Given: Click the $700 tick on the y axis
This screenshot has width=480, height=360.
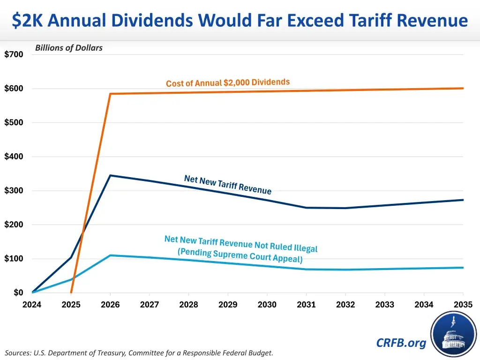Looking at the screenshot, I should (x=14, y=54).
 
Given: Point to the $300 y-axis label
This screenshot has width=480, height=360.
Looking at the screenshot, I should (x=14, y=191).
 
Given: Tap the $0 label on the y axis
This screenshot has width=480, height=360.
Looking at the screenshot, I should (x=18, y=293).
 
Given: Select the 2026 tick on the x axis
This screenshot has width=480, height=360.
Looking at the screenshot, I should (x=110, y=305).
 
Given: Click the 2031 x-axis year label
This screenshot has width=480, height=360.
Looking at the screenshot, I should (x=306, y=305).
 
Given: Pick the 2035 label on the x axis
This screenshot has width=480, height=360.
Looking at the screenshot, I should (x=463, y=305).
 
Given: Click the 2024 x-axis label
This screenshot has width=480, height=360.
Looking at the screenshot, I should (x=32, y=305).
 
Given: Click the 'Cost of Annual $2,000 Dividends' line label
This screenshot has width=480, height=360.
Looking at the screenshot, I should (x=228, y=82).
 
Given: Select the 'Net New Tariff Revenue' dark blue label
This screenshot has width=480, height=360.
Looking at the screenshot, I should (x=228, y=184).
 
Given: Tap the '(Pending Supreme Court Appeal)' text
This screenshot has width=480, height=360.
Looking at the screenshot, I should (x=240, y=255).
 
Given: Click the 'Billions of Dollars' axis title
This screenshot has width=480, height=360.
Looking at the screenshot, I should (x=69, y=47).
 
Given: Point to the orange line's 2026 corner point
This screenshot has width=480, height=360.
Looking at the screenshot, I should (x=110, y=94).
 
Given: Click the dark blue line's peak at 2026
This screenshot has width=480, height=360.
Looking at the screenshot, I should (x=110, y=175).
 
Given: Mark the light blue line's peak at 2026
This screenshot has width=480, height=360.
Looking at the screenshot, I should (x=110, y=255).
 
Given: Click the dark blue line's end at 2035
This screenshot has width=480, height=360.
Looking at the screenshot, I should (x=463, y=200).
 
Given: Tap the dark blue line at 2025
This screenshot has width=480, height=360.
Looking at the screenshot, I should (x=71, y=257).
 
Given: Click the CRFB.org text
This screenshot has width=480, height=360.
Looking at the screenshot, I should (x=401, y=343).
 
